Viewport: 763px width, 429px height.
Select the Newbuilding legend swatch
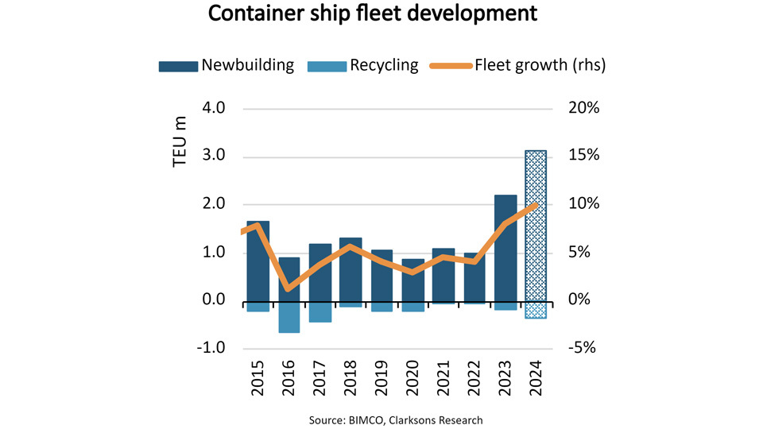[177, 65]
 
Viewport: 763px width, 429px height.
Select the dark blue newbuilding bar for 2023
[505, 248]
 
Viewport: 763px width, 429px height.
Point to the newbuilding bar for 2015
[258, 261]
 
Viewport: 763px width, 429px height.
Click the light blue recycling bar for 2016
[289, 317]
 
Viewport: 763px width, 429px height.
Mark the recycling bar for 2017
[320, 311]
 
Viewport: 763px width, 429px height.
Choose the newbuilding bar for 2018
[351, 269]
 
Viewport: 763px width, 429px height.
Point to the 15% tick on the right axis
[587, 157]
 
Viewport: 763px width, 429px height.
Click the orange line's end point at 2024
[536, 205]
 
